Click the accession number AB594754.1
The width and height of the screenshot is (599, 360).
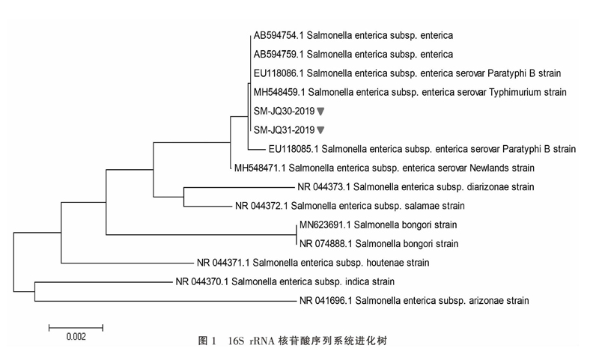pos(279,35)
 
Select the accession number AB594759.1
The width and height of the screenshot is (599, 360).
pos(279,54)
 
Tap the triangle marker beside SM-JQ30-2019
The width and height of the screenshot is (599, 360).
pos(321,111)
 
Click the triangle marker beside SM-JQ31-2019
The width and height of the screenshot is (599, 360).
pos(321,130)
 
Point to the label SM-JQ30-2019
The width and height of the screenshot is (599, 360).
pos(285,111)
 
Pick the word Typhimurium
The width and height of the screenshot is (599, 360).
pos(515,92)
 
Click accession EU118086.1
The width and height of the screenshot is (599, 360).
pos(279,73)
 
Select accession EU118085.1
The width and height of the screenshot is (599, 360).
pos(294,149)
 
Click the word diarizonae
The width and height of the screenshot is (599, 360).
pos(487,187)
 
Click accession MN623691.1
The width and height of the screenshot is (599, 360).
pos(325,225)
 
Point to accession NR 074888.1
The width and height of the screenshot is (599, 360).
pos(326,243)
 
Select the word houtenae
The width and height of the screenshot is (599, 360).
pos(385,263)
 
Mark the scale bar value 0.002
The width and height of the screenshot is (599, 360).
pos(76,337)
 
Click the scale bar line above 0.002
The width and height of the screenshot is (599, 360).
pos(76,328)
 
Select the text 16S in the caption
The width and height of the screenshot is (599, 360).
pos(236,341)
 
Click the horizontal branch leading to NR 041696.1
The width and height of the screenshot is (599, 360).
pos(165,301)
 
